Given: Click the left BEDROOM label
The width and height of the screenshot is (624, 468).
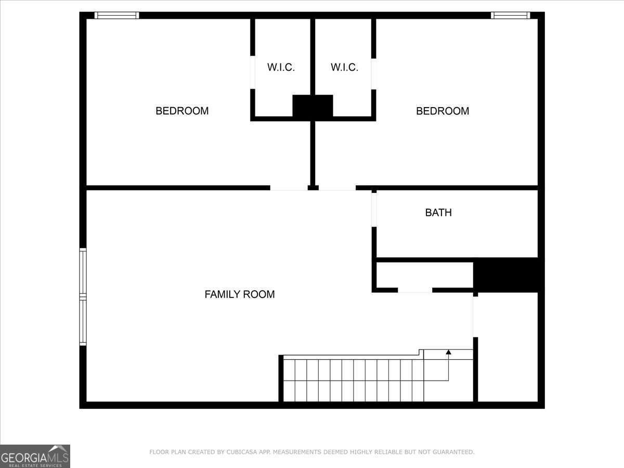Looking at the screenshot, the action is tap(182, 111).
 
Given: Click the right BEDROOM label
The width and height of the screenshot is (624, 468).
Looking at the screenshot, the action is tap(443, 111).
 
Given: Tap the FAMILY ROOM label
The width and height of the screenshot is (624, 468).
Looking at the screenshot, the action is tap(240, 294).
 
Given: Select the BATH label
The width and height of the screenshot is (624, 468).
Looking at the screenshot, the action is tap(438, 213).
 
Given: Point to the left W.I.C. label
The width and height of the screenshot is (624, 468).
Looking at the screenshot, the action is tap(281, 67).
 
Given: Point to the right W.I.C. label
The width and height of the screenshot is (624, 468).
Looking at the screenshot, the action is tap(344, 67).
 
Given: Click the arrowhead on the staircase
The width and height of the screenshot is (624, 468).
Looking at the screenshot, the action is tap(448, 352).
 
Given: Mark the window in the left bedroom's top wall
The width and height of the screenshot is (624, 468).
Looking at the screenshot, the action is tap(116, 16).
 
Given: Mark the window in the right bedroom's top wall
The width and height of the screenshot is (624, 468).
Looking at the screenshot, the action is tap(511, 16).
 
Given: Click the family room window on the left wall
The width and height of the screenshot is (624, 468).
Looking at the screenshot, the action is tap(83, 296).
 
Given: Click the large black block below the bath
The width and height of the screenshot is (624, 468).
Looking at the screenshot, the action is tap(506, 275).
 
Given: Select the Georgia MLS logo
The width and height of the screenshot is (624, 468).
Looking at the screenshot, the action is tap(35, 456).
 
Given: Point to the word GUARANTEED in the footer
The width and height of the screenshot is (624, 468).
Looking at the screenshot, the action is tap(456, 452).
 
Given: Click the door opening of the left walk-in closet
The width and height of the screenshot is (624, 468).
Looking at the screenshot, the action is tap(252, 72).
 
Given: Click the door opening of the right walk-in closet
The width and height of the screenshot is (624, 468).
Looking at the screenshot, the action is tap(373, 74).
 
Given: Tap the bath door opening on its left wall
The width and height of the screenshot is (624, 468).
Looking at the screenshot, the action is tap(374, 210).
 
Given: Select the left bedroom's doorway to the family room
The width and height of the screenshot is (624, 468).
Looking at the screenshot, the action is tap(289, 188).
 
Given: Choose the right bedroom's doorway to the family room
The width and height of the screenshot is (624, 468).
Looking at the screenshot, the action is tap(337, 188).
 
